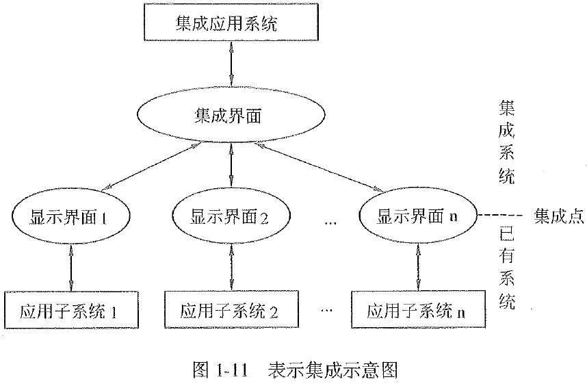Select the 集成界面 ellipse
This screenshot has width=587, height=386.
231,114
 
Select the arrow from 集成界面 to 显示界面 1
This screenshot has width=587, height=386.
151,165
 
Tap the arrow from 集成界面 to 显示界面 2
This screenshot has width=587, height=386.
231,164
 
